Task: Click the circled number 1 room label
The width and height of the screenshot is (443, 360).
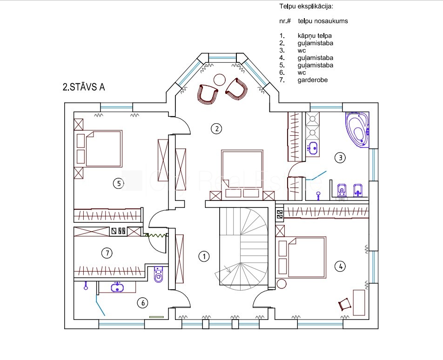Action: click(x=204, y=256)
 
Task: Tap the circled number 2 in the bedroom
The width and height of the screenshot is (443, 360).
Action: click(x=216, y=129)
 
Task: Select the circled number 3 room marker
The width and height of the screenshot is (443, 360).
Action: click(x=340, y=158)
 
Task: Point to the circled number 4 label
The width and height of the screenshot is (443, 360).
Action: click(x=340, y=266)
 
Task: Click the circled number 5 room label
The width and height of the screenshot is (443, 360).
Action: click(x=119, y=184)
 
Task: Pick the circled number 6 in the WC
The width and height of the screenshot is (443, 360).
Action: click(x=143, y=303)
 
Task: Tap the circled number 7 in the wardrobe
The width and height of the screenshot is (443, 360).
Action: click(x=107, y=253)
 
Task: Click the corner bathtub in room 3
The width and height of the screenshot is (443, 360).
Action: click(x=357, y=130)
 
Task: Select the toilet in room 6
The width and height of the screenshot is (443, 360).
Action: click(x=159, y=274)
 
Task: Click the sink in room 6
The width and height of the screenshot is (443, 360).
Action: click(x=117, y=287)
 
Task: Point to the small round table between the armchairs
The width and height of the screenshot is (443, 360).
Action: click(x=219, y=80)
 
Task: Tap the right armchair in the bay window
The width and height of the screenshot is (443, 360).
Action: click(x=237, y=89)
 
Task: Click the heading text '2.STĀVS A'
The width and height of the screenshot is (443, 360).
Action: click(x=84, y=87)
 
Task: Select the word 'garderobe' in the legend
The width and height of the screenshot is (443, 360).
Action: click(x=313, y=80)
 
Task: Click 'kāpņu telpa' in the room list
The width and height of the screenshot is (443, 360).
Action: click(x=315, y=36)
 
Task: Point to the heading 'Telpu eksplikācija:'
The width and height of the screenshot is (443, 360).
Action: click(x=306, y=7)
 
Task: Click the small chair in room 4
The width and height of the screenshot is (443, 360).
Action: click(x=345, y=305)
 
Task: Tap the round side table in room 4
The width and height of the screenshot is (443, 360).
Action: click(x=282, y=283)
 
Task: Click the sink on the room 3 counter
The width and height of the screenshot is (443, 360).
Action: click(x=313, y=147)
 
